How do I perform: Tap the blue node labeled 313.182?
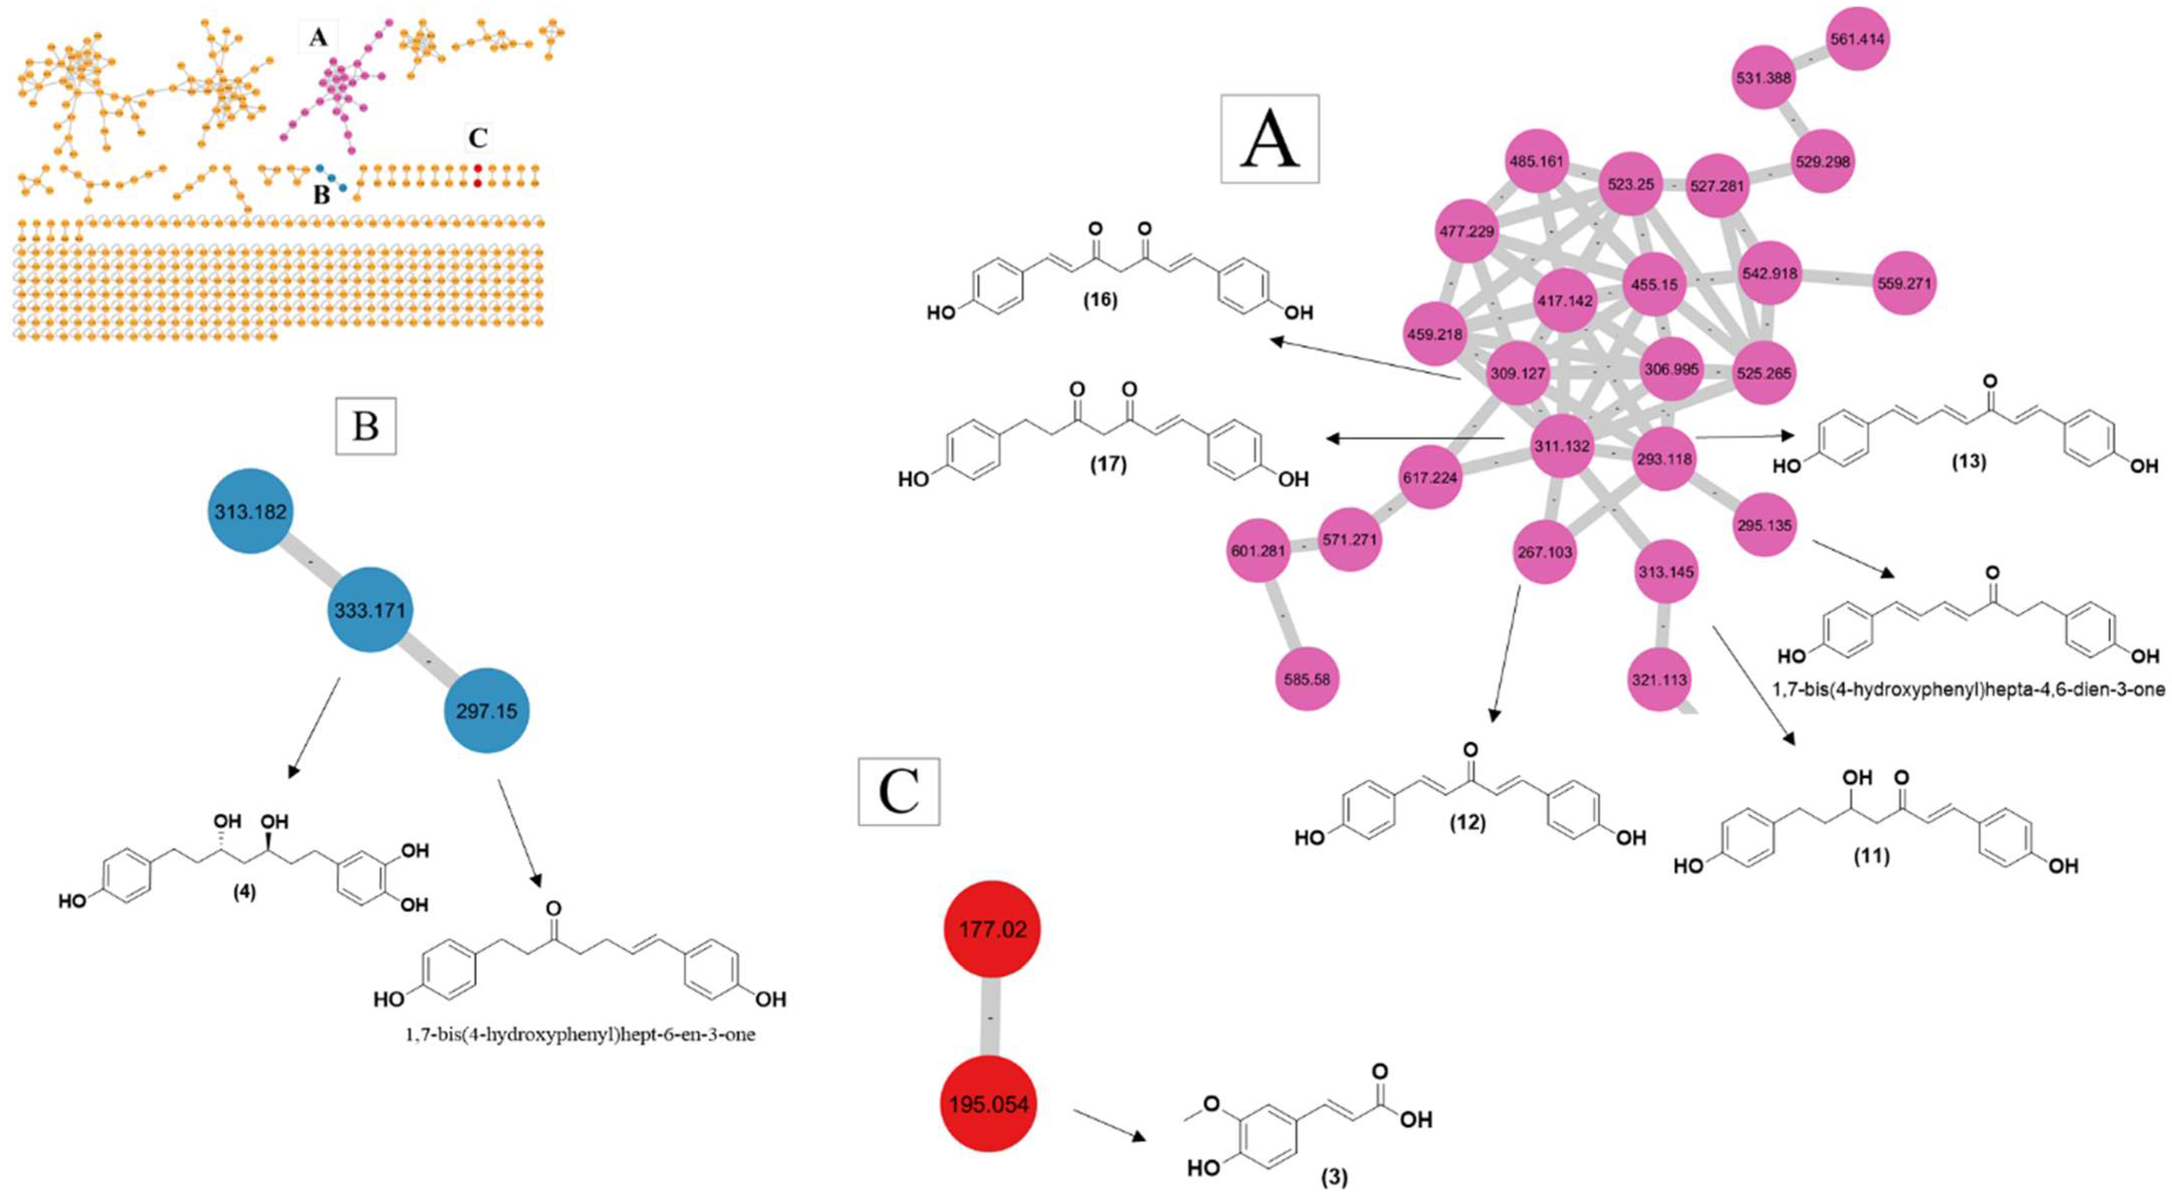click(x=250, y=511)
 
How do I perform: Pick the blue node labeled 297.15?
click(x=487, y=711)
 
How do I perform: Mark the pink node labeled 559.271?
click(x=1904, y=283)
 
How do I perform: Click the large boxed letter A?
click(x=1270, y=139)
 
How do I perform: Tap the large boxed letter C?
click(x=899, y=791)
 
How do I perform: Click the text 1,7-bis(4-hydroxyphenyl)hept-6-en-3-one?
click(x=580, y=1034)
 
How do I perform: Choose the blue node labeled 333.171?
click(x=370, y=610)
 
